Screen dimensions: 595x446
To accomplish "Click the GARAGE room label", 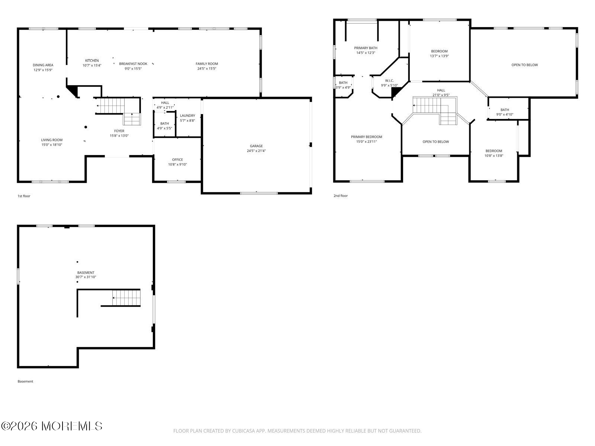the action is pyautogui.click(x=256, y=146).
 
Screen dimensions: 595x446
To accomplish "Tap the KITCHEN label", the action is pyautogui.click(x=92, y=61).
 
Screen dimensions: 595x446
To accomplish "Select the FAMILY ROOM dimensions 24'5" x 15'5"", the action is pyautogui.click(x=207, y=69).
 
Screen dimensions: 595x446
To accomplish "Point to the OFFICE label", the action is pyautogui.click(x=177, y=160).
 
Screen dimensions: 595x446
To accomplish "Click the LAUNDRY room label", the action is pyautogui.click(x=187, y=116).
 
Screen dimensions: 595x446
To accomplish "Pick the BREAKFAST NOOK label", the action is pyautogui.click(x=133, y=64).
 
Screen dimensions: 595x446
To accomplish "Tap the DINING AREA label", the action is pyautogui.click(x=43, y=65).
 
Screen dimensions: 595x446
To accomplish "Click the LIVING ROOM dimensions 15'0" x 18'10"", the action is pyautogui.click(x=52, y=145).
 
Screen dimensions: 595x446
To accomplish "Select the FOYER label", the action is pyautogui.click(x=119, y=131).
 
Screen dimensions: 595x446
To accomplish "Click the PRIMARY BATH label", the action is pyautogui.click(x=366, y=48).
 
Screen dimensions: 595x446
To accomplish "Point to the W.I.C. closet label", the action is pyautogui.click(x=389, y=81).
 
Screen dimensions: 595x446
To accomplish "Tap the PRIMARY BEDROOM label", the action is pyautogui.click(x=367, y=137).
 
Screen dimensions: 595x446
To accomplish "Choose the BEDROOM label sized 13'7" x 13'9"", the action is pyautogui.click(x=440, y=51).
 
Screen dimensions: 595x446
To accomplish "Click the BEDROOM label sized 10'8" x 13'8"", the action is pyautogui.click(x=494, y=151).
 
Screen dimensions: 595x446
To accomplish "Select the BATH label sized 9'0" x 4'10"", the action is pyautogui.click(x=505, y=110).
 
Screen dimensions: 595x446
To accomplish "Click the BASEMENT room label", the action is pyautogui.click(x=86, y=273).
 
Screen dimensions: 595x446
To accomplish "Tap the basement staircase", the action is pyautogui.click(x=126, y=298).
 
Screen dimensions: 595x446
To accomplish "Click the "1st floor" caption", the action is pyautogui.click(x=24, y=196).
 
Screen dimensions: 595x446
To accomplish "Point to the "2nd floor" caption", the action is pyautogui.click(x=341, y=196).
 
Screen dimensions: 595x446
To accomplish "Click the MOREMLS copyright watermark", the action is pyautogui.click(x=51, y=426).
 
